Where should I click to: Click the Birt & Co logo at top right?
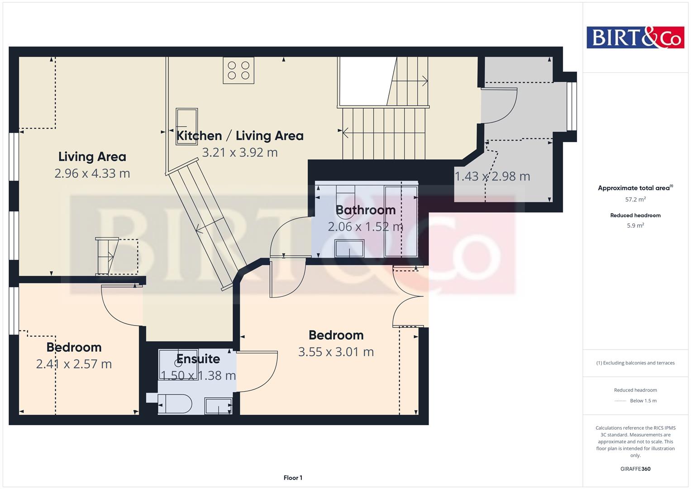[x=635, y=37]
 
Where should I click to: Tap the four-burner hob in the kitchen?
[x=238, y=70]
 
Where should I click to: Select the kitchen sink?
[x=186, y=126]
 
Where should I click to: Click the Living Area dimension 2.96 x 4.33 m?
[x=92, y=173]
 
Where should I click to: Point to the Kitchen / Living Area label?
[x=239, y=136]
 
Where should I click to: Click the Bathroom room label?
[x=366, y=210]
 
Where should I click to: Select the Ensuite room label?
[x=198, y=359]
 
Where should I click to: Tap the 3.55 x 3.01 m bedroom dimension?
[x=336, y=352]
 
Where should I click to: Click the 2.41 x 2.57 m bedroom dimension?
[x=74, y=364]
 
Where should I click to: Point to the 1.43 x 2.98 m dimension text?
[x=492, y=177]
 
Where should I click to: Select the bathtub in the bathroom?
[x=401, y=221]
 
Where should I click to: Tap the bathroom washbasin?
[x=349, y=249]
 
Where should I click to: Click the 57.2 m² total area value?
[x=635, y=199]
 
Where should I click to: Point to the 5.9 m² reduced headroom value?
[x=635, y=225]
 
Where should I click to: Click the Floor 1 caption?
[x=293, y=478]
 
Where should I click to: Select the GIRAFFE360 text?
[x=635, y=469]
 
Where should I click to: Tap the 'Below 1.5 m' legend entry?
[x=643, y=401]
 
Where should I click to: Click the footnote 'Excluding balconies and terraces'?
[x=635, y=363]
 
